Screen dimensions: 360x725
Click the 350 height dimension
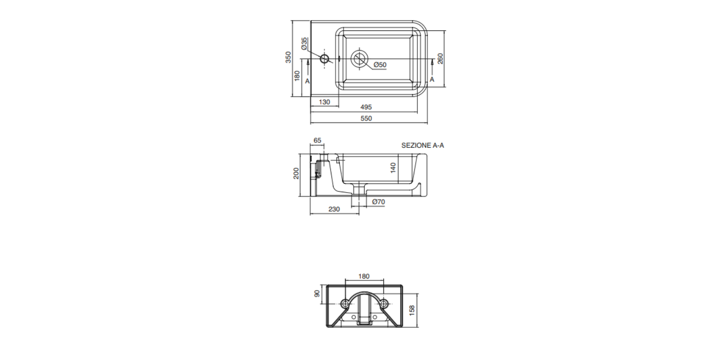click(x=288, y=57)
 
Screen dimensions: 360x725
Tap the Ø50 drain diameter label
click(x=379, y=65)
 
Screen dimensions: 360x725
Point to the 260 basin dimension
click(x=441, y=58)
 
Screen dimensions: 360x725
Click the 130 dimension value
click(x=324, y=102)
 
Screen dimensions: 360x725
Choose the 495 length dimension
click(x=366, y=107)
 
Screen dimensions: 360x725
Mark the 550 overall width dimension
click(x=366, y=118)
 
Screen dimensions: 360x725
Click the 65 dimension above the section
click(x=317, y=141)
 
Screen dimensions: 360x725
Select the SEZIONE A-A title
click(x=422, y=145)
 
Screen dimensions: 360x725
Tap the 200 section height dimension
click(x=297, y=174)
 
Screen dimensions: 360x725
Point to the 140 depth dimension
click(x=393, y=168)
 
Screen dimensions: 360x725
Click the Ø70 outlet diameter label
click(x=378, y=202)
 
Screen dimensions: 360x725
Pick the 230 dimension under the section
click(x=334, y=209)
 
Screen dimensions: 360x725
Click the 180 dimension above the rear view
click(x=364, y=276)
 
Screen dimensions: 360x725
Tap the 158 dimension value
click(x=412, y=310)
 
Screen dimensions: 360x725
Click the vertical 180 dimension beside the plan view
click(x=297, y=76)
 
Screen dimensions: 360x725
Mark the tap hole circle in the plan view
click(x=324, y=58)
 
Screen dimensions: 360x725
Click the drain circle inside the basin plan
click(x=360, y=58)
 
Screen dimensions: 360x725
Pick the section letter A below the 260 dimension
click(x=432, y=79)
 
